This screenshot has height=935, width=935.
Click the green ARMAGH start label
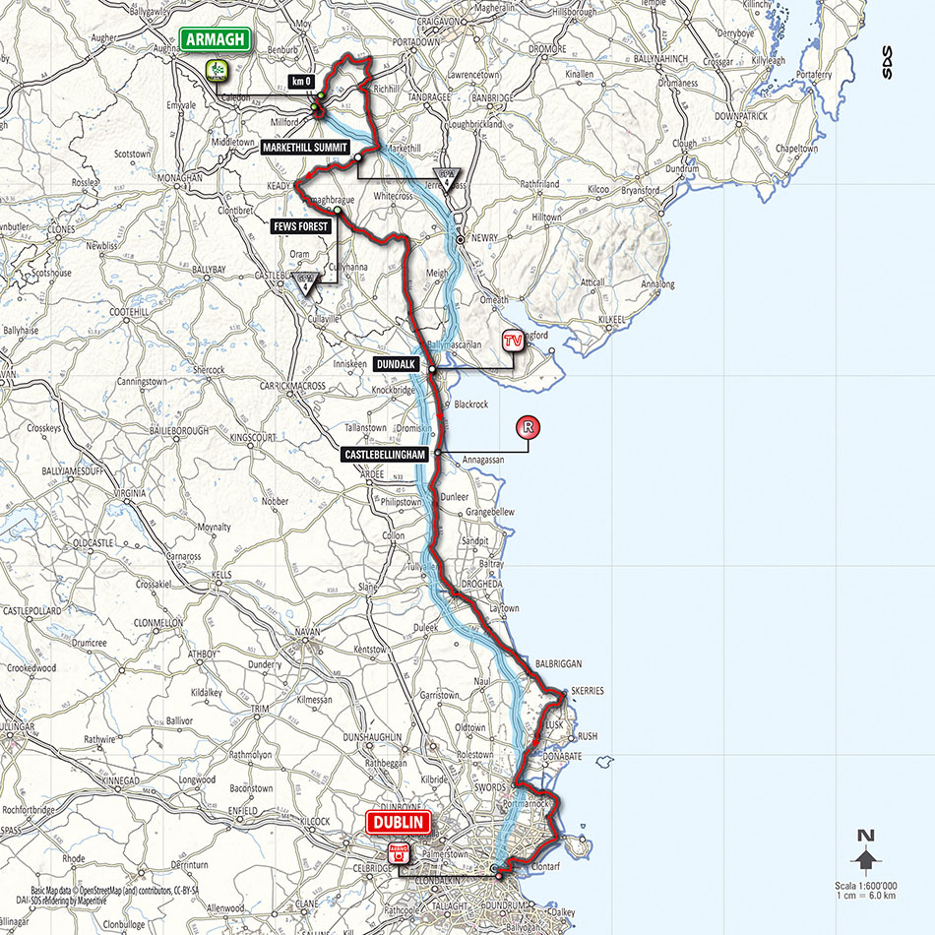click(x=216, y=39)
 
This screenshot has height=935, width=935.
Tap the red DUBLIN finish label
click(x=398, y=822)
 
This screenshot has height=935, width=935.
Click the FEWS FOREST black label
click(x=302, y=225)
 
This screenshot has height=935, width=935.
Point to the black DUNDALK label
click(x=398, y=363)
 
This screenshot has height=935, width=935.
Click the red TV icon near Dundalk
click(x=511, y=341)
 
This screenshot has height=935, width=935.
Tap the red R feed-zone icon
click(x=529, y=427)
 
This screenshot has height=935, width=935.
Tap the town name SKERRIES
click(x=585, y=691)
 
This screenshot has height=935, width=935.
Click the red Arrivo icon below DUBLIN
click(x=398, y=853)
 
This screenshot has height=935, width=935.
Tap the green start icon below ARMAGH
click(x=217, y=69)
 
